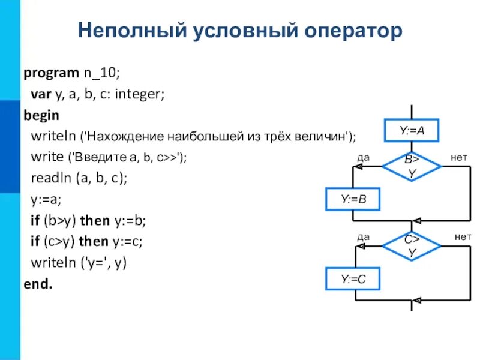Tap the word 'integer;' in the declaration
pos(140,94)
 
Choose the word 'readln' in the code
pos(50,178)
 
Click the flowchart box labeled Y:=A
pos(412,130)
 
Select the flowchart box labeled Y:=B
pos(353,200)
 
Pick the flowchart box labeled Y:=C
pos(353,278)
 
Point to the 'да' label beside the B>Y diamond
pos(363,157)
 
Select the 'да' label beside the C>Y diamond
pos(363,236)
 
